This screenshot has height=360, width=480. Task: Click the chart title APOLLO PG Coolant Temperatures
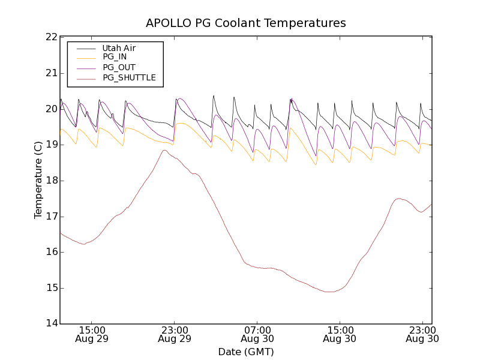click(x=246, y=23)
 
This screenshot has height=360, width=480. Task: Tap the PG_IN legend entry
click(x=115, y=58)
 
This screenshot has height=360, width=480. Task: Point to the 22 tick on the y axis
click(x=50, y=37)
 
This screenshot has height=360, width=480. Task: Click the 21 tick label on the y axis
click(x=50, y=73)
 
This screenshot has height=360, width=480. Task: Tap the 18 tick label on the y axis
click(x=50, y=181)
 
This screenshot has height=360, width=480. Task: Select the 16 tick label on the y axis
click(x=50, y=252)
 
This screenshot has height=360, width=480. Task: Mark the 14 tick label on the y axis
click(x=50, y=323)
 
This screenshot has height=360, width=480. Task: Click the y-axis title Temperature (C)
click(x=38, y=180)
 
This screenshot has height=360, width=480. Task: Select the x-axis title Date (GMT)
click(x=246, y=352)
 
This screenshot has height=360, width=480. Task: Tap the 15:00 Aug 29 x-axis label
click(x=92, y=334)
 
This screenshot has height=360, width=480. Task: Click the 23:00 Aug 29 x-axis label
click(x=175, y=334)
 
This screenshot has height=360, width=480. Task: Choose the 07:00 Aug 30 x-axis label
click(x=257, y=334)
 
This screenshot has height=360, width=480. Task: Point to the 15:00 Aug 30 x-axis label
click(x=340, y=334)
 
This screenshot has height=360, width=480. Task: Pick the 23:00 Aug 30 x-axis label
click(x=422, y=334)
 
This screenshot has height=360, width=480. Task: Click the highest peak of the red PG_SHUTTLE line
click(x=164, y=150)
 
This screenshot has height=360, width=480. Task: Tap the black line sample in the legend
click(x=86, y=48)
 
